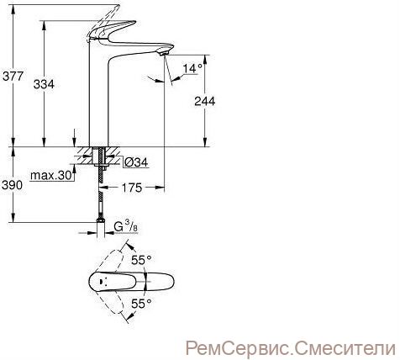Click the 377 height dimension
(x=13, y=76)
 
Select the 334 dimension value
(x=44, y=84)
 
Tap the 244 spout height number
(x=205, y=101)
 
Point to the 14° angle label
(x=192, y=68)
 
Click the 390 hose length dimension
(x=12, y=185)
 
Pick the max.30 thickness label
(x=51, y=176)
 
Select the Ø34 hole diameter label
(x=135, y=162)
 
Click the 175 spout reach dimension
(x=132, y=188)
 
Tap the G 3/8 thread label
(x=126, y=226)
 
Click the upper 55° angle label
(x=141, y=260)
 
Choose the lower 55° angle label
(x=141, y=303)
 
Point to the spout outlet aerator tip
(x=164, y=53)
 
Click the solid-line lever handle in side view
(x=112, y=30)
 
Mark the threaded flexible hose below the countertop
(x=101, y=193)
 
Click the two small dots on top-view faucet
(x=103, y=281)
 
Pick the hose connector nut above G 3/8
(x=101, y=220)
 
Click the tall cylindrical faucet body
(x=98, y=95)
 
